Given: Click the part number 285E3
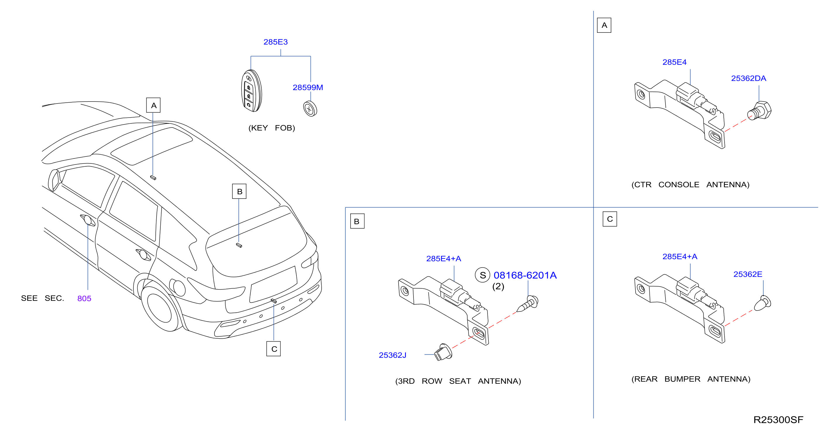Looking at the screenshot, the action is click(x=276, y=42).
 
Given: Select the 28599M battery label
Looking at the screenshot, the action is click(x=308, y=87).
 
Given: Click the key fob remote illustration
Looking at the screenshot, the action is click(x=251, y=91).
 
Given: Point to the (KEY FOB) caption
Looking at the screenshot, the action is click(x=272, y=128).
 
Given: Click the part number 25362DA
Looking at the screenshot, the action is click(x=749, y=78).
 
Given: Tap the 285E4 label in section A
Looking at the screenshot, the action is click(x=674, y=62).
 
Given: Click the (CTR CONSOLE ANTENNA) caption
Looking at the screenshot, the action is click(x=690, y=185).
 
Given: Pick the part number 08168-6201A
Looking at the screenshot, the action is click(x=525, y=275).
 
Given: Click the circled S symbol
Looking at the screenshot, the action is click(x=482, y=275).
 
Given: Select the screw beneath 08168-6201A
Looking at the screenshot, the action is click(x=527, y=304).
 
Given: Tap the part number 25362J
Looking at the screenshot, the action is click(x=392, y=355).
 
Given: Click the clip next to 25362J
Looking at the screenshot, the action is click(x=443, y=352).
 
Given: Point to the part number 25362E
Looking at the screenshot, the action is click(x=747, y=274).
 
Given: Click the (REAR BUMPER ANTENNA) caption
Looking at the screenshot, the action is click(x=691, y=379).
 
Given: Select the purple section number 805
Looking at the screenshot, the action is click(x=84, y=299).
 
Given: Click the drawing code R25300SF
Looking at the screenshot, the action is click(x=778, y=420).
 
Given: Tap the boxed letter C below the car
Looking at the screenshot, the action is click(x=274, y=349).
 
